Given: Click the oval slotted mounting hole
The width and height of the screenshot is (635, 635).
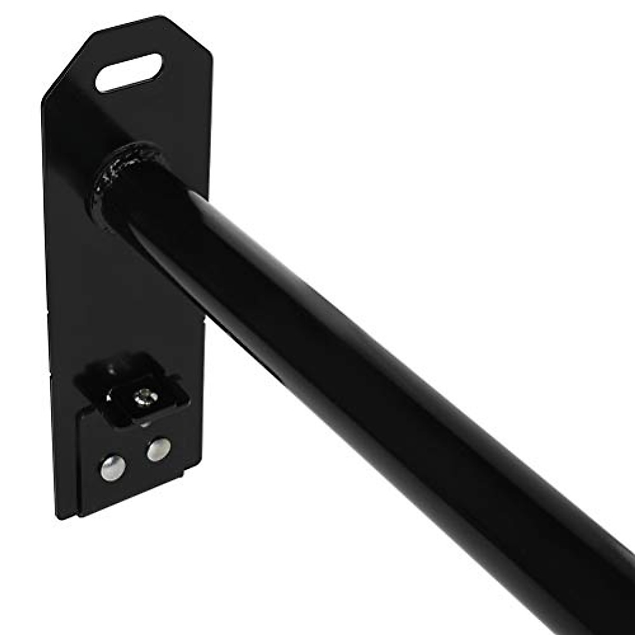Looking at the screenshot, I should coord(129,72).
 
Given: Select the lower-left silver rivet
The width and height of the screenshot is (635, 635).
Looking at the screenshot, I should coord(113,468).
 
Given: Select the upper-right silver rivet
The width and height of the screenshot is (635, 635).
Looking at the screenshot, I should coord(159,449).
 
